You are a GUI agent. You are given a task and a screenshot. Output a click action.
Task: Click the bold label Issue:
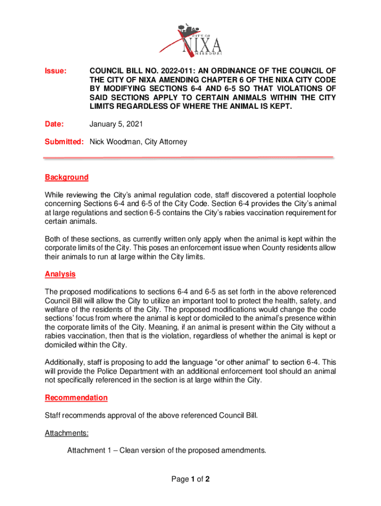55,71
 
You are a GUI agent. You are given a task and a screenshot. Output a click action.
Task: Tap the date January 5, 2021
113,125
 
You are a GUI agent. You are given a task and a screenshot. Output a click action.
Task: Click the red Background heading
67,177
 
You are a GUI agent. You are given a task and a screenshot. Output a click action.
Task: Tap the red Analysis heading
60,274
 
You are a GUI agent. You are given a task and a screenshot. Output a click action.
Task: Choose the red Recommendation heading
76,398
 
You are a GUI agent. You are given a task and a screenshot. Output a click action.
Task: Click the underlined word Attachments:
67,433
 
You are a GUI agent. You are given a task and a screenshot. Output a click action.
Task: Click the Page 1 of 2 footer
190,479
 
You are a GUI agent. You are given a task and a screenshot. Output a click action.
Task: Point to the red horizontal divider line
189,158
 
